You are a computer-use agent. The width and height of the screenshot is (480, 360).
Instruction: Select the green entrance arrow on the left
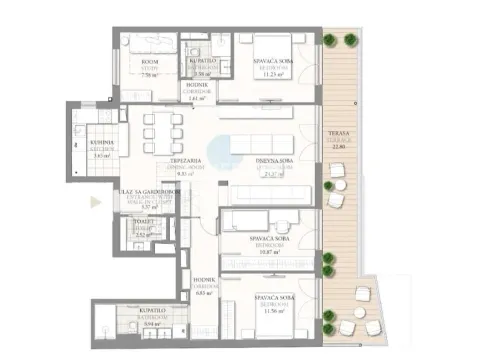(x=95, y=201)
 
